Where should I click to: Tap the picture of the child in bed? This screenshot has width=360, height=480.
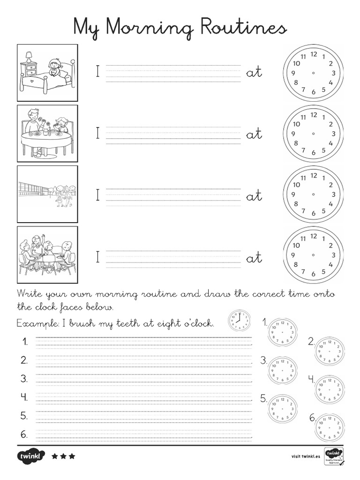tap(47, 73)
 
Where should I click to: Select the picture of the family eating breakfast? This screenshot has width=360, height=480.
tap(47, 134)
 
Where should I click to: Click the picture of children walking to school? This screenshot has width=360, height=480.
tap(47, 194)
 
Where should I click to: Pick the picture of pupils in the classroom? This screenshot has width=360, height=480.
tap(47, 255)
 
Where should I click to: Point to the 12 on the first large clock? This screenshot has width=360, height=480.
tap(314, 54)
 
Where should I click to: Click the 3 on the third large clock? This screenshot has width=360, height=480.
tap(333, 195)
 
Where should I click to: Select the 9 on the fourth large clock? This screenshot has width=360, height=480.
tap(293, 255)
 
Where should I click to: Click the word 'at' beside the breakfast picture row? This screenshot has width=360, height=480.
tap(254, 134)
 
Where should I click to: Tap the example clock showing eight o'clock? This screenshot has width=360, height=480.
tap(239, 322)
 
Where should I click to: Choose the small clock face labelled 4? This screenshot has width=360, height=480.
tap(329, 389)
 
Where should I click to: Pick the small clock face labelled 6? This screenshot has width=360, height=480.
tap(330, 427)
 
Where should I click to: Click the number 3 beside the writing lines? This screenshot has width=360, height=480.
tap(24, 378)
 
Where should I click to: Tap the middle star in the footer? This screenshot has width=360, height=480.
tap(63, 456)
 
